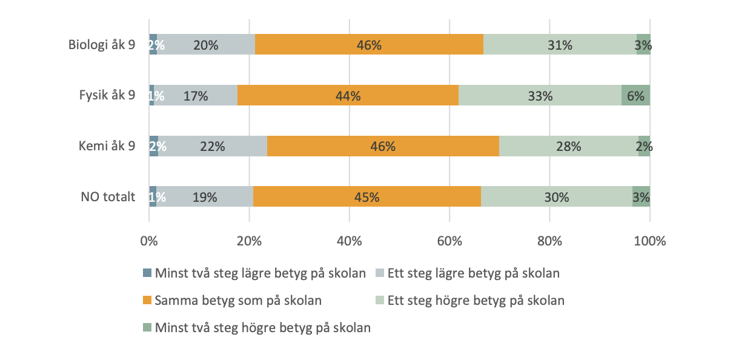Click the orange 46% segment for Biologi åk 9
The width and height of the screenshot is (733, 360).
[369, 45]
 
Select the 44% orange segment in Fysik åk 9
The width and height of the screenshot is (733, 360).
[348, 96]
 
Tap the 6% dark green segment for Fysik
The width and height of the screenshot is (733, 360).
[635, 96]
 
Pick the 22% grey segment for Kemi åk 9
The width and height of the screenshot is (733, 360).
[213, 146]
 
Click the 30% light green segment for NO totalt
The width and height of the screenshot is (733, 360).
[557, 197]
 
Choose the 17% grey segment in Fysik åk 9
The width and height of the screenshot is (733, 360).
[196, 96]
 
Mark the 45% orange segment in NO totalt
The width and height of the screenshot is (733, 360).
[367, 197]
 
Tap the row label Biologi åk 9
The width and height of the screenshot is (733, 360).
[102, 45]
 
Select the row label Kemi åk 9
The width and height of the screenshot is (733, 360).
[107, 146]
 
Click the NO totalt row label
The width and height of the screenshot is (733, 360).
[107, 197]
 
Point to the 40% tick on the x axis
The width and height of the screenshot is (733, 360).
[350, 241]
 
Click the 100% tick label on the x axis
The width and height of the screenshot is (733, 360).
[649, 241]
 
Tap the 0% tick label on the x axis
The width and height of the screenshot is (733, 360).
[149, 241]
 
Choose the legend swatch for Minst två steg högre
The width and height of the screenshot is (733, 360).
[147, 328]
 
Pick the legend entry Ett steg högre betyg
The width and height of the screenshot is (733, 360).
[475, 300]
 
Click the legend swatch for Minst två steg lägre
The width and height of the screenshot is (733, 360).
[147, 273]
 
